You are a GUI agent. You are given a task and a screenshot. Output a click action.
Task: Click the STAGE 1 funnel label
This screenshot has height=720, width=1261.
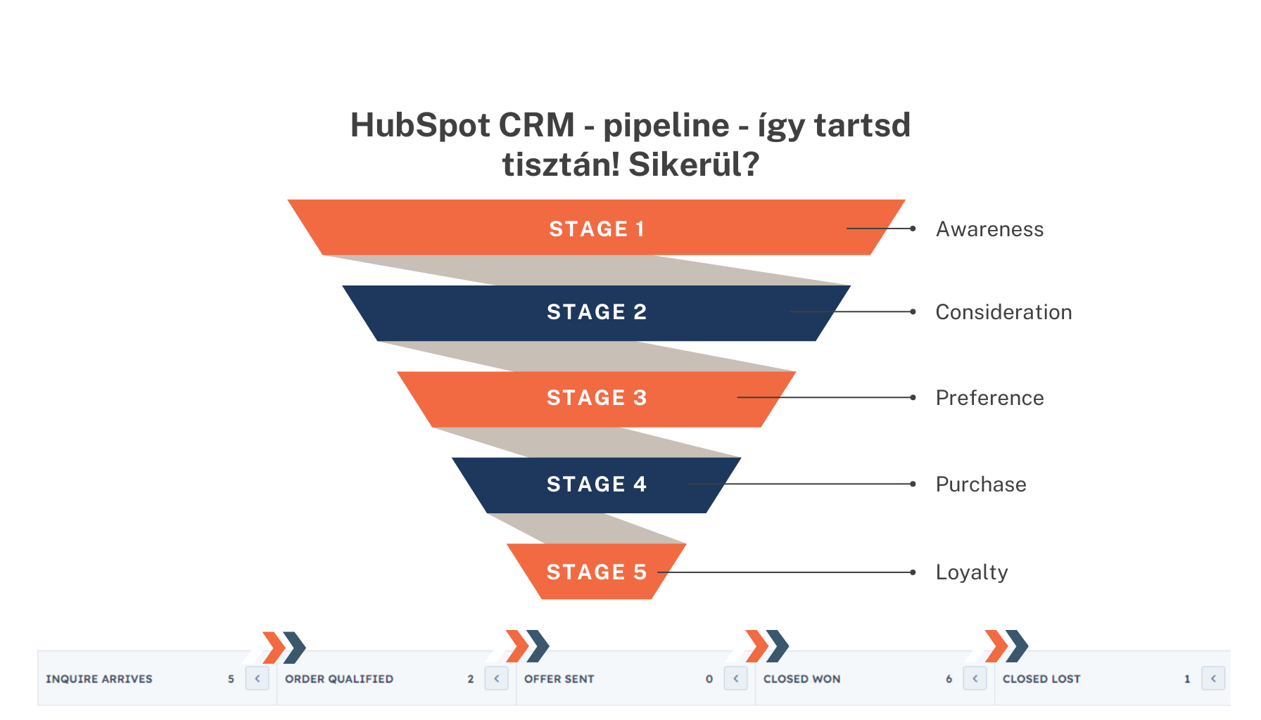(597, 229)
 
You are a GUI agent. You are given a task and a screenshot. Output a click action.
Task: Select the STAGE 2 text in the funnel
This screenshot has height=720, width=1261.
(597, 312)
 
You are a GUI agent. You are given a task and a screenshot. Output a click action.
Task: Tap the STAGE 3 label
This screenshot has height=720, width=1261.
(597, 398)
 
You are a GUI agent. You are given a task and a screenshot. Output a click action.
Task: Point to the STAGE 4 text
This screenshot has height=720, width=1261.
(597, 484)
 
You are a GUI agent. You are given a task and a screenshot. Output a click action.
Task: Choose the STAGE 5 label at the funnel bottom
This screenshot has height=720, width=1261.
(597, 572)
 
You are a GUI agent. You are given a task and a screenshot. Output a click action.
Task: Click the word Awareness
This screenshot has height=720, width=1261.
(989, 229)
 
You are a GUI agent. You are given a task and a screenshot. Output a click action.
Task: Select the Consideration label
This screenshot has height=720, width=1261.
(1003, 312)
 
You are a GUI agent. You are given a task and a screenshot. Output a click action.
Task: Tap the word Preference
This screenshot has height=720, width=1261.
(989, 398)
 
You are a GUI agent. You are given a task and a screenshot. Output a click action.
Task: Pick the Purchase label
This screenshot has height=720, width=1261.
(981, 484)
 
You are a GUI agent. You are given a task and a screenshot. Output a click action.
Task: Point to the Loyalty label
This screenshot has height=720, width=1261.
(972, 572)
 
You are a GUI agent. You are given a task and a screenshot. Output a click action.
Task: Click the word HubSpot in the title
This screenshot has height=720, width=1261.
(420, 126)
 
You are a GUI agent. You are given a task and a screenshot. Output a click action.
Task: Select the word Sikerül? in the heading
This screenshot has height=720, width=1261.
(694, 165)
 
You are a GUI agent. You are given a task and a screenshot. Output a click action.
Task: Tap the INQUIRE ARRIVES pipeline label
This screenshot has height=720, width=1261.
(99, 679)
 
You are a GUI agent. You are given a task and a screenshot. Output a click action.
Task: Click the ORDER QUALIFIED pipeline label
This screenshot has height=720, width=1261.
(339, 679)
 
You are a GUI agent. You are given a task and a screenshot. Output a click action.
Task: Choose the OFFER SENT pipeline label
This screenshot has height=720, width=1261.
(559, 679)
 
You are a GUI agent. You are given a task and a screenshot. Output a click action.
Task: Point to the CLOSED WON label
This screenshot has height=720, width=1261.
(802, 679)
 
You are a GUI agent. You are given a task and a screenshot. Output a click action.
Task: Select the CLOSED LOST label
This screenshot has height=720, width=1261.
(1041, 679)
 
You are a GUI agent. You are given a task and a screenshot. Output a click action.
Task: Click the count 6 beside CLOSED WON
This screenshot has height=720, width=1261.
(949, 679)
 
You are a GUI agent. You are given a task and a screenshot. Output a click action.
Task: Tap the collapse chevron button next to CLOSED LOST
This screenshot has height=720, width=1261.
(1213, 679)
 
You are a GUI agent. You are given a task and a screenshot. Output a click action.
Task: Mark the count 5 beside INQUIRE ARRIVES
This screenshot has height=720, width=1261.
(231, 679)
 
